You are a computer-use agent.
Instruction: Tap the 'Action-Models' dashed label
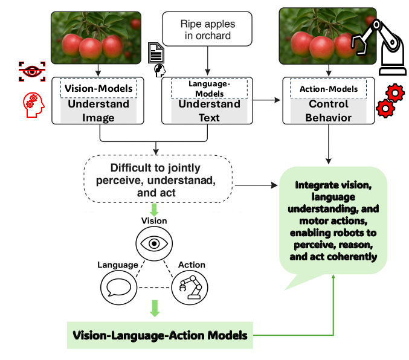[x=328, y=89]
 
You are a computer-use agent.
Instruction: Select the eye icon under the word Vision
[x=153, y=243]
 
